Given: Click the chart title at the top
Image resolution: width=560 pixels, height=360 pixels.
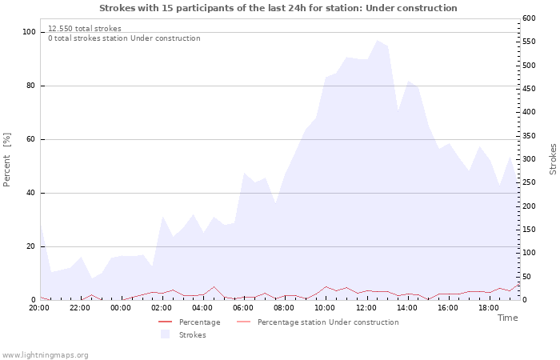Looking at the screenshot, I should (278, 8).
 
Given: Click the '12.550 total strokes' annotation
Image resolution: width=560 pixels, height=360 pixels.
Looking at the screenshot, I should (85, 29).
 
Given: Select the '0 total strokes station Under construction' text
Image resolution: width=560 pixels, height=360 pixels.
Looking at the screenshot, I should (124, 38).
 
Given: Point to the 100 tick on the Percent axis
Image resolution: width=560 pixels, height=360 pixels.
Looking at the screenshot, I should (29, 32).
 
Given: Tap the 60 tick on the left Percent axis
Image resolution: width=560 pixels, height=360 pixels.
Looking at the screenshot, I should (31, 139).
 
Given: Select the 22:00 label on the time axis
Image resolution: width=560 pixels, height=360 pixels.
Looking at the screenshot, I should (80, 308).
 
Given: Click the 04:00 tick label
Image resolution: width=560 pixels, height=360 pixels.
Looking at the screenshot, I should (202, 308).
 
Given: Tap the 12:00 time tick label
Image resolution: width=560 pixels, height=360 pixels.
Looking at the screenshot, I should (366, 308).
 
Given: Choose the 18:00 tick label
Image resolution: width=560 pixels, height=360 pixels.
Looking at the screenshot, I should (489, 308).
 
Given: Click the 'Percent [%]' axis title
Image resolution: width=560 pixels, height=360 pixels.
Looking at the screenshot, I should (7, 160).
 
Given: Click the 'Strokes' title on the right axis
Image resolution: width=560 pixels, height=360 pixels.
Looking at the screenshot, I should (553, 159).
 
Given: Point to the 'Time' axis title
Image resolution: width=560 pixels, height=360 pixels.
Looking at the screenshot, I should (507, 318).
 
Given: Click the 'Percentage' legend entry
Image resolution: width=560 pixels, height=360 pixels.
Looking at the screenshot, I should (199, 322).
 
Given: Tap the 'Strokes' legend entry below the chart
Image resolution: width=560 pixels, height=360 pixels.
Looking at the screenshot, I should (192, 335).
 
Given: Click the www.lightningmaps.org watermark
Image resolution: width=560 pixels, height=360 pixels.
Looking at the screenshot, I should (45, 355).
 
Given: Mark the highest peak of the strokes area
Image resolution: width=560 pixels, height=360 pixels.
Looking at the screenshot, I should (377, 40).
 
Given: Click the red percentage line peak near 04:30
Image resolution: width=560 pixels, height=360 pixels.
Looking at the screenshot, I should (214, 286).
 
